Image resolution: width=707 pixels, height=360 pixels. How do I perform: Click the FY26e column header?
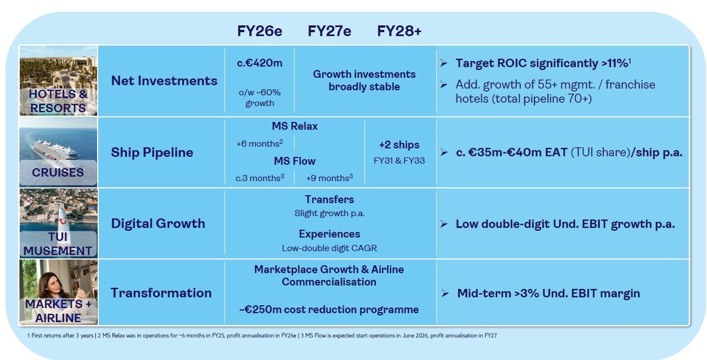260,31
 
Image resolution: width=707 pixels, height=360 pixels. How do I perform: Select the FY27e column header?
329,31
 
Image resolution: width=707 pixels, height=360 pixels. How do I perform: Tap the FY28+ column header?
399,31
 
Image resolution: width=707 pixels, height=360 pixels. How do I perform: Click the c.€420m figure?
260,63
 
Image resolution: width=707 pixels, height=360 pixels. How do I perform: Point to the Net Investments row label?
164,81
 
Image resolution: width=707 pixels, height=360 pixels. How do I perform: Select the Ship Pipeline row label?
152,152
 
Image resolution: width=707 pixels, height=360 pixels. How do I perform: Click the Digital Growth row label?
158,223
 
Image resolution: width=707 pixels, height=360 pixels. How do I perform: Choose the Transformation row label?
161,293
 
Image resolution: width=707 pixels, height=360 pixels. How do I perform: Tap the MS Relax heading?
295,126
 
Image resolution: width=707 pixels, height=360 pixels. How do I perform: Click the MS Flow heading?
295,161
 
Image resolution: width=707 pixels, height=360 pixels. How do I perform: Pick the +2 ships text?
399,144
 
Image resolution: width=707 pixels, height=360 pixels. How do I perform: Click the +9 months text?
329,178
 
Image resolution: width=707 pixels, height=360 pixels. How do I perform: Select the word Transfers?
330,200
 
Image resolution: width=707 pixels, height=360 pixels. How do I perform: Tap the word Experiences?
330,234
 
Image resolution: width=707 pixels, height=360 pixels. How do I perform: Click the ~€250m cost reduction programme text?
329,309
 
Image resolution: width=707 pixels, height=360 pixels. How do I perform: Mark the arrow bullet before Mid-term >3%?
445,293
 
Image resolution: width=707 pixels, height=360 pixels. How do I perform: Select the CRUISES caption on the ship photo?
58,173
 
